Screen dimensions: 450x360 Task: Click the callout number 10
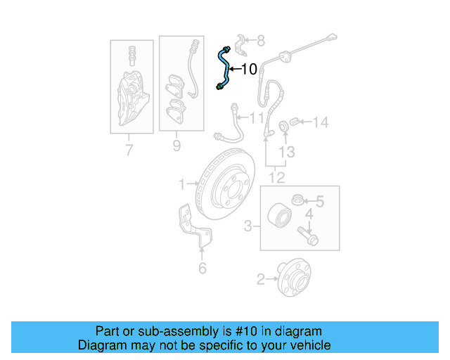[250, 69]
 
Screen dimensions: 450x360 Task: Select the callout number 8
[260, 41]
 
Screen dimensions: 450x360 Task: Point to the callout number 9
[176, 146]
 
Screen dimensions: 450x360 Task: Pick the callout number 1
[181, 184]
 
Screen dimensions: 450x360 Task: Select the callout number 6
[202, 268]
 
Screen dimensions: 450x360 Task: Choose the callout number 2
[261, 279]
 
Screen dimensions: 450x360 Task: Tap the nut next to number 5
[298, 200]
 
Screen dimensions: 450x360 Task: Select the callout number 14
[320, 123]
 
